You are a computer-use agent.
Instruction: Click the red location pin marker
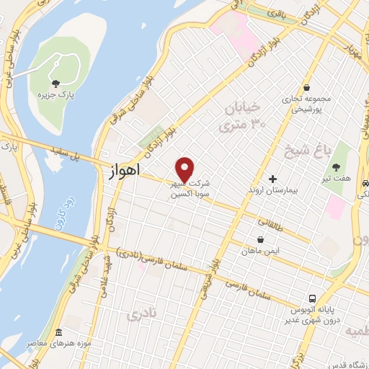pyautogui.click(x=186, y=169)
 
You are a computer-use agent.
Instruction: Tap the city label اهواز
pyautogui.click(x=123, y=173)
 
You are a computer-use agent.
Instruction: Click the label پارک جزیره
pyautogui.click(x=56, y=94)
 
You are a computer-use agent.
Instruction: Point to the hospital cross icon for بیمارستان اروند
pyautogui.click(x=272, y=179)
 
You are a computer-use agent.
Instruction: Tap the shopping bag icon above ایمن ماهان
pyautogui.click(x=260, y=240)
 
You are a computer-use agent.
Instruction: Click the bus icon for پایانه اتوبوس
pyautogui.click(x=312, y=298)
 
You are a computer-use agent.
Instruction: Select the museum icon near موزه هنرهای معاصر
pyautogui.click(x=58, y=333)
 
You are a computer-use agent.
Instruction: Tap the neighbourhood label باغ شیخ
pyautogui.click(x=304, y=153)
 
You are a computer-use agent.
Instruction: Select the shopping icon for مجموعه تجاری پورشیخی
pyautogui.click(x=306, y=87)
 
